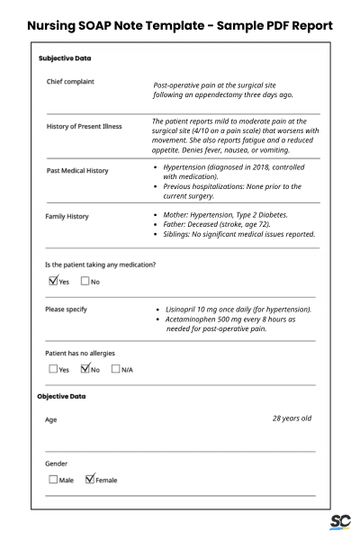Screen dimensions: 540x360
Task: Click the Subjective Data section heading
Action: (65, 58)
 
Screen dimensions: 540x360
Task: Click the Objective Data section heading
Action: (61, 396)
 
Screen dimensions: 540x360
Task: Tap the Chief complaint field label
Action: (70, 82)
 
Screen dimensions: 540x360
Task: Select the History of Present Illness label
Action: (84, 126)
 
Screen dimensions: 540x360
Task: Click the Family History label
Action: (67, 217)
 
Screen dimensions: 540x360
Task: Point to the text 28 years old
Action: (292, 418)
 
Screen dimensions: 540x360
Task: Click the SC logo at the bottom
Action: (339, 522)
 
